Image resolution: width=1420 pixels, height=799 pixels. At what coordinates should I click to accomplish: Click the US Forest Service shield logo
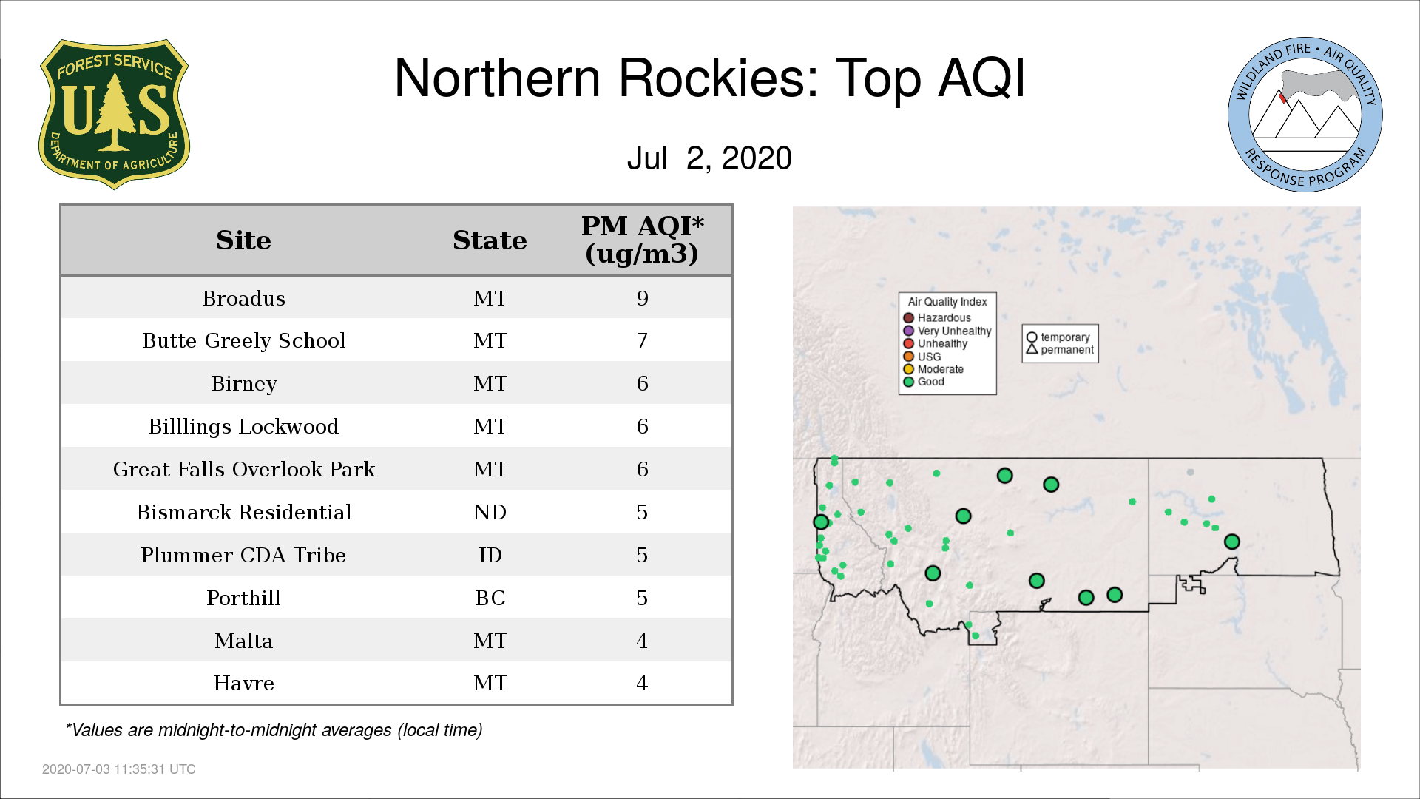click(x=114, y=114)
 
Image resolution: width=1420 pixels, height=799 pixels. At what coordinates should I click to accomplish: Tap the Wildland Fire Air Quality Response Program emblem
click(x=1305, y=115)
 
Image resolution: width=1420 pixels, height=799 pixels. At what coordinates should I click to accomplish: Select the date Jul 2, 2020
click(x=709, y=158)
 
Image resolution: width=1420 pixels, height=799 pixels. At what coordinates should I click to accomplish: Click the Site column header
click(x=243, y=240)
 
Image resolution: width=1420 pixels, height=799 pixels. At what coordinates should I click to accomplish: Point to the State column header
click(x=490, y=240)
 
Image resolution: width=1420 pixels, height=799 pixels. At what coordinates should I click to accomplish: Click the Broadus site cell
click(x=243, y=298)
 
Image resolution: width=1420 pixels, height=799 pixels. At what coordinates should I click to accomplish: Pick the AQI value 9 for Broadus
click(x=642, y=298)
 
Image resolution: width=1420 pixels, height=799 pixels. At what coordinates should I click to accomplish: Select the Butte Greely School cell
click(x=243, y=341)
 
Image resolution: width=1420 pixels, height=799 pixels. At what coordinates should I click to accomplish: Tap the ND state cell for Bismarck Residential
click(x=490, y=512)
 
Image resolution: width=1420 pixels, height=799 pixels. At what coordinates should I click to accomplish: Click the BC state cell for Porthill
click(x=490, y=598)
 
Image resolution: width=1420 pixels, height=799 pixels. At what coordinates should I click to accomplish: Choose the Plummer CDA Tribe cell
click(x=243, y=555)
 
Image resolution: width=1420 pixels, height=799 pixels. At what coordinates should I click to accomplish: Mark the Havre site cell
click(x=243, y=683)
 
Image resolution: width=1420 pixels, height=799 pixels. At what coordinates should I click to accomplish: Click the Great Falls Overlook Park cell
click(x=243, y=469)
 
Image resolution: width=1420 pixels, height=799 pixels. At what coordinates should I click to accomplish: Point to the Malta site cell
click(x=243, y=641)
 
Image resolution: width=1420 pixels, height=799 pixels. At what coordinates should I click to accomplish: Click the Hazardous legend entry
click(x=937, y=318)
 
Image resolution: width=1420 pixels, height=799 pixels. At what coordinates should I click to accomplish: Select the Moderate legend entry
click(x=933, y=369)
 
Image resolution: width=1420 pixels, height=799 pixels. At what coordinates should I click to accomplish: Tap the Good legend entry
click(x=924, y=382)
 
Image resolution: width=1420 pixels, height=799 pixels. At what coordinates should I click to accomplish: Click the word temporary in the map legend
click(x=1065, y=337)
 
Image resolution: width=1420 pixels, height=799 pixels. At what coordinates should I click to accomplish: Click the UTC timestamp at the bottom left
click(x=119, y=769)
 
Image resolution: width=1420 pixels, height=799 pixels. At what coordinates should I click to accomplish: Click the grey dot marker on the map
click(x=1190, y=472)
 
